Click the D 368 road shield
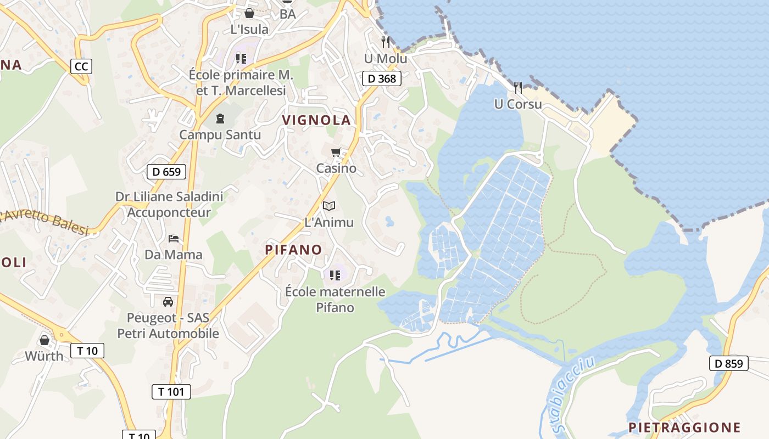tap(382, 78)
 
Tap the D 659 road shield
tap(166, 172)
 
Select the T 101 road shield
tap(171, 391)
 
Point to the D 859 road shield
tap(729, 363)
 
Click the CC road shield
tap(81, 66)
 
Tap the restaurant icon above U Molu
tap(386, 42)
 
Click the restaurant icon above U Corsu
tap(517, 87)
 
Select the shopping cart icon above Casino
tap(336, 152)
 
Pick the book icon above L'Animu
tap(329, 206)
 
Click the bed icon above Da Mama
tap(174, 238)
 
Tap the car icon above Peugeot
tap(168, 301)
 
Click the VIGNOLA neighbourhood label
tap(316, 120)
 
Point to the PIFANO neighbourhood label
tap(293, 250)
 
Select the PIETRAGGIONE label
tap(684, 427)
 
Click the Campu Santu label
tap(220, 134)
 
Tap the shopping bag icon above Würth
tap(44, 340)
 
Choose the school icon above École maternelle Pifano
tap(335, 274)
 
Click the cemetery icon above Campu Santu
tap(220, 118)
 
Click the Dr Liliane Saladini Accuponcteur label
tap(169, 204)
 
